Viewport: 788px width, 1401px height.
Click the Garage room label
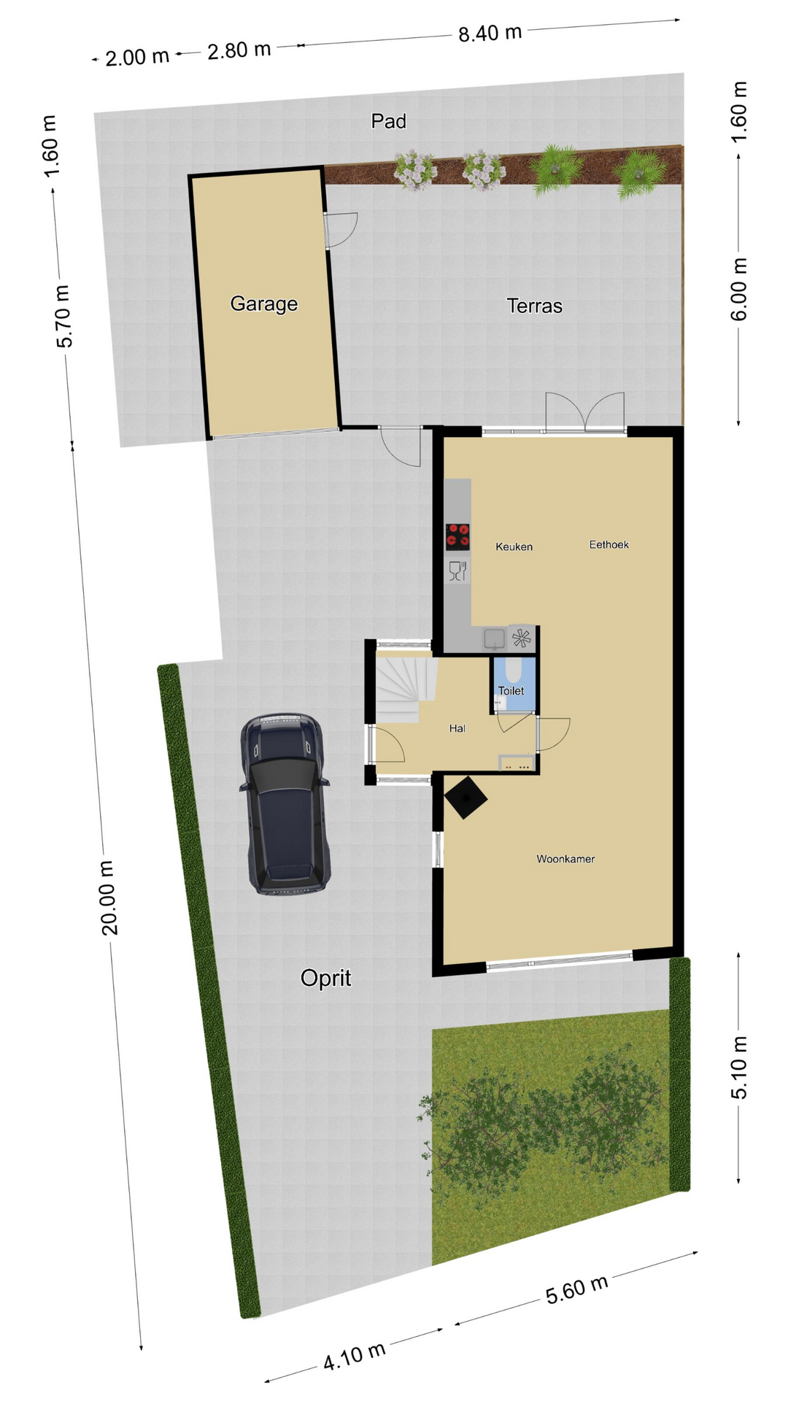coord(263,304)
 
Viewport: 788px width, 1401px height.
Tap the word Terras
coord(534,306)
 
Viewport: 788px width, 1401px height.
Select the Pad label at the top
coord(388,121)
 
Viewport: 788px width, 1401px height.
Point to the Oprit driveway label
coord(325,978)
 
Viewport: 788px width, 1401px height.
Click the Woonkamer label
coord(565,859)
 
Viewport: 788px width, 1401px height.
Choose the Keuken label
coord(514,547)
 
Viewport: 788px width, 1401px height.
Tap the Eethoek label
coord(609,544)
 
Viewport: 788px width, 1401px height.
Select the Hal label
coord(457,728)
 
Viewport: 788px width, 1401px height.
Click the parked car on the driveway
coord(285,803)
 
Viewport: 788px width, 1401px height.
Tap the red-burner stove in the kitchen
coord(457,536)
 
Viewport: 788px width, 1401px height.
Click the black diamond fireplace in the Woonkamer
coord(466,798)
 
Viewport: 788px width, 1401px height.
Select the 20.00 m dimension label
coord(108,898)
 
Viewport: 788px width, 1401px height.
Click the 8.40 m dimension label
coord(490,34)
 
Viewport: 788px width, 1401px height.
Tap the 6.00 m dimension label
coord(738,289)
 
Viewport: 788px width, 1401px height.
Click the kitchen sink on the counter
coord(494,638)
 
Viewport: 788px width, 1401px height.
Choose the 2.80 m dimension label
coord(239,50)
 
